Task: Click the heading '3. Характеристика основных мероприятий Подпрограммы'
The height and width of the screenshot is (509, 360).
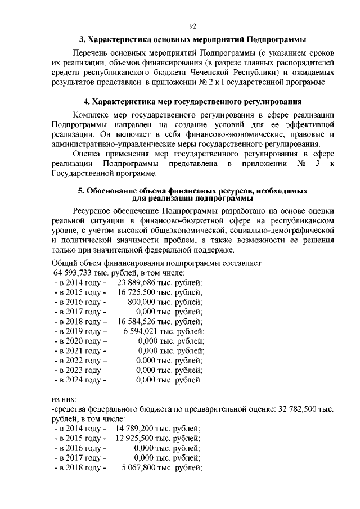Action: [x=192, y=39]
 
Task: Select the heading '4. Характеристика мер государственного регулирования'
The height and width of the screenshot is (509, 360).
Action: [x=192, y=102]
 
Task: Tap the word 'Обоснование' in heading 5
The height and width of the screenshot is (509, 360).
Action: [x=110, y=191]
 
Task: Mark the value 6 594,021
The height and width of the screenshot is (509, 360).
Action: [x=143, y=331]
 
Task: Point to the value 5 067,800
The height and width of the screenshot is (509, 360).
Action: [x=142, y=467]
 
